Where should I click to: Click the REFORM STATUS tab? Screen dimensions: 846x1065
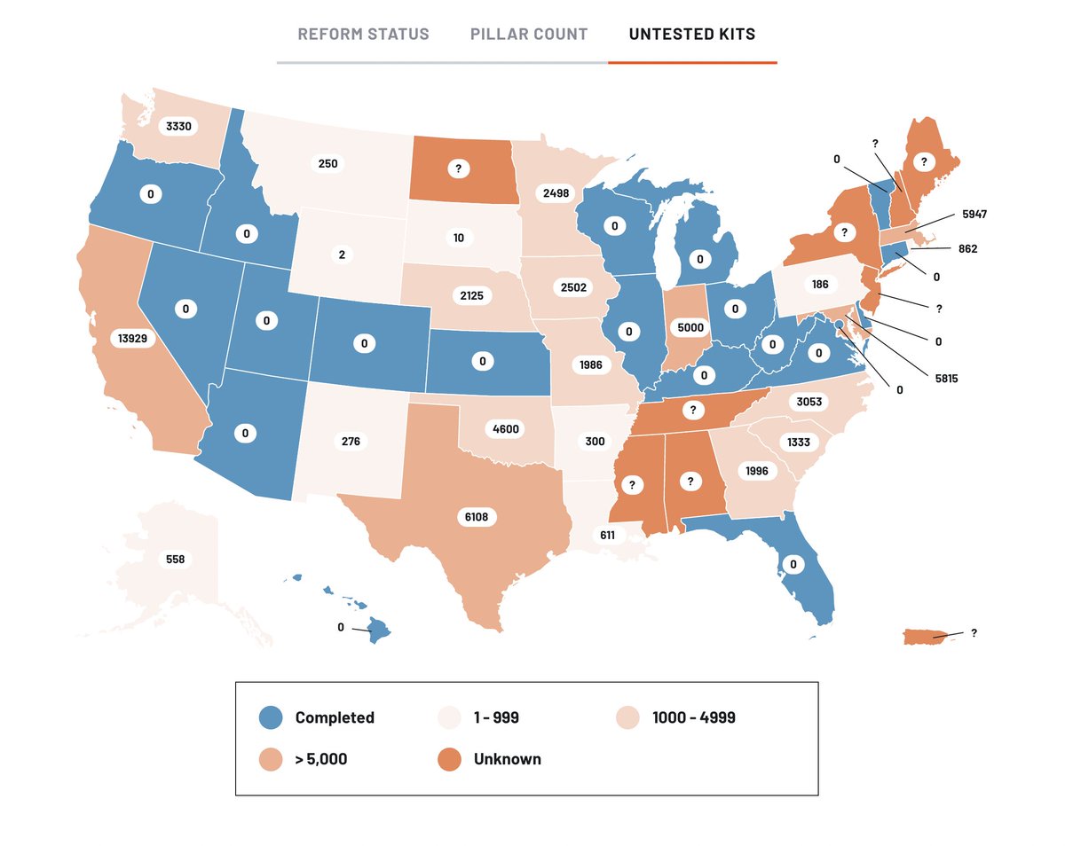pos(363,35)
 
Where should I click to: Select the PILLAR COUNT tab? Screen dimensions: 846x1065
pos(529,35)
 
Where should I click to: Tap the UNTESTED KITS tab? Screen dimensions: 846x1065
pos(692,35)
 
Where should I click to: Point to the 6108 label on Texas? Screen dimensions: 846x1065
pos(480,516)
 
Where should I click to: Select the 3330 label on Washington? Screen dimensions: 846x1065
pos(176,126)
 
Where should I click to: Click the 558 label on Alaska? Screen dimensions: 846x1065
pos(176,560)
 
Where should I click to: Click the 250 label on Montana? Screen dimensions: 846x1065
pos(327,164)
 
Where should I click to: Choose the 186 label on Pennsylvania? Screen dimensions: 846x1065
pos(819,285)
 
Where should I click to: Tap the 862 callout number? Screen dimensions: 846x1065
pos(966,249)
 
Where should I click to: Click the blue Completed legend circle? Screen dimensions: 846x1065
pos(271,717)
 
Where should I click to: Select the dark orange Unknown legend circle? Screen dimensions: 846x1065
pos(449,759)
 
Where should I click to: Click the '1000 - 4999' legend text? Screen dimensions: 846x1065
pos(693,717)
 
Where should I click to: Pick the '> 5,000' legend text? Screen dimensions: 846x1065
pos(321,759)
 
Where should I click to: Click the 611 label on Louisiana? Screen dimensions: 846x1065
pos(607,535)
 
